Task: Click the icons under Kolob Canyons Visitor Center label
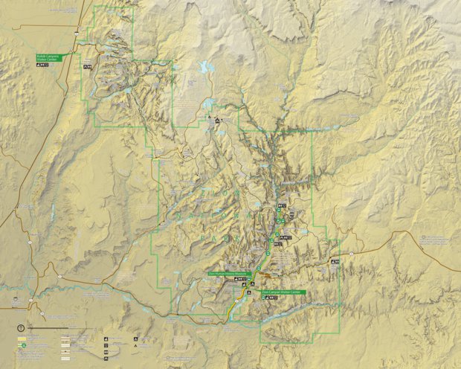coord(42,65)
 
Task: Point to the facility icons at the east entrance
coord(335,262)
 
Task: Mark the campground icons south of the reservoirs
coord(217,121)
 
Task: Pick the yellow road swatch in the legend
coord(22,337)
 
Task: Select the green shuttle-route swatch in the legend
coord(23,345)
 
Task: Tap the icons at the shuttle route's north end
coord(281,205)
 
